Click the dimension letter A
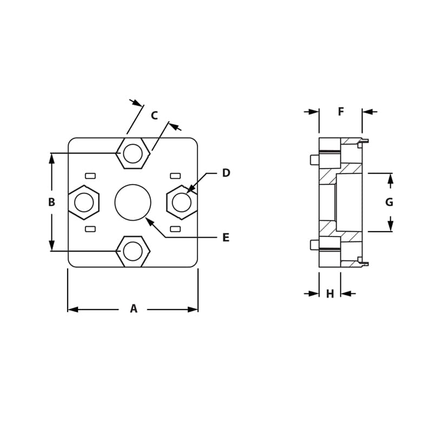pos(134,309)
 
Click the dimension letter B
pos(51,202)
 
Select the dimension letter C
pos(154,115)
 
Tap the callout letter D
pos(226,173)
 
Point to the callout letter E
pos(226,238)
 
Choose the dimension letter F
pos(341,112)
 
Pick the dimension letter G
pos(389,202)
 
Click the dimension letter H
pos(330,294)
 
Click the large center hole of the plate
pos(133,202)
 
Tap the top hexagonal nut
pos(133,153)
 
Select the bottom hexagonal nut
pos(133,251)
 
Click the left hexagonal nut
pos(84,202)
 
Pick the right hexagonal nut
pos(181,202)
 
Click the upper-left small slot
pos(90,175)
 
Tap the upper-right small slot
pos(175,175)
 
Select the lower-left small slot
pos(90,229)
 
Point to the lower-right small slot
pos(175,229)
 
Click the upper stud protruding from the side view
pos(314,159)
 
